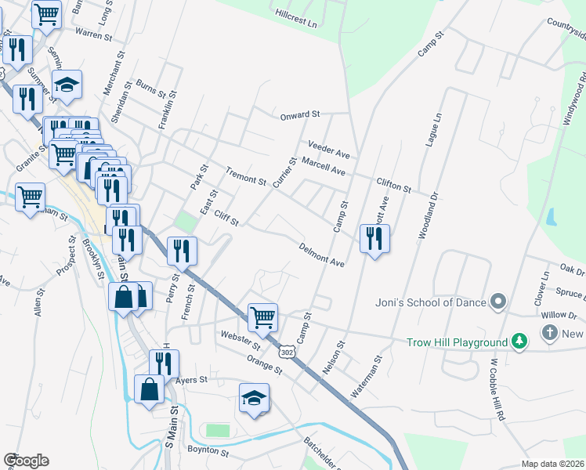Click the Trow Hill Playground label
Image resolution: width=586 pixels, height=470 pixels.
(x=457, y=342)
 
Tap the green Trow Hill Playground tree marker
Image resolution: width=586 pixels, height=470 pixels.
(x=519, y=342)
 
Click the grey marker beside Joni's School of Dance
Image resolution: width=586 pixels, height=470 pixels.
(x=497, y=302)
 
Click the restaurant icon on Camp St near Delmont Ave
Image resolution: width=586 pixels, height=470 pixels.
(x=374, y=238)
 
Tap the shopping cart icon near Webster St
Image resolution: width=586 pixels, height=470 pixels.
(x=262, y=317)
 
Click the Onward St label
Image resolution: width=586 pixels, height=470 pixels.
(x=302, y=115)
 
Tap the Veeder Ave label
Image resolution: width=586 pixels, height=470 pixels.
(x=328, y=149)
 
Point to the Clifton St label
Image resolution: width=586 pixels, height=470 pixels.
(x=393, y=185)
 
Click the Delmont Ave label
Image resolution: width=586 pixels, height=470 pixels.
(x=321, y=255)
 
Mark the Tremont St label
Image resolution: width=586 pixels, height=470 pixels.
(x=245, y=177)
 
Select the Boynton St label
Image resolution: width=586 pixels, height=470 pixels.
(x=208, y=451)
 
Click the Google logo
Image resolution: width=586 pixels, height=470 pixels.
(x=26, y=461)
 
